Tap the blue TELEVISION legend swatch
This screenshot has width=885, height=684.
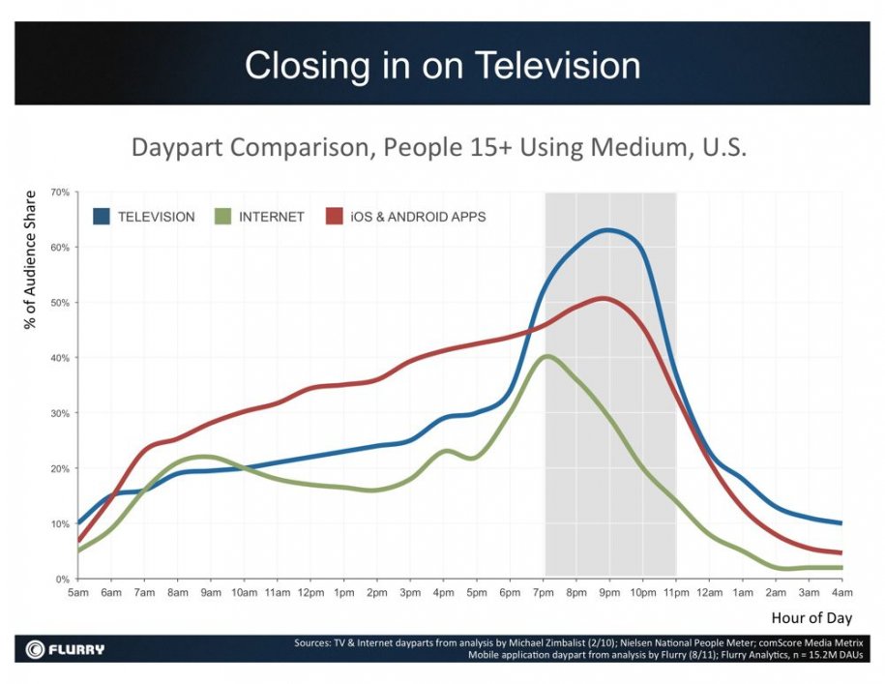point(101,217)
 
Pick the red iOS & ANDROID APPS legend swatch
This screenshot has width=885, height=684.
point(336,217)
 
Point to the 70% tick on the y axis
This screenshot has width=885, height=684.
point(59,193)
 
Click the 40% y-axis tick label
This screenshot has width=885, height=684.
point(59,358)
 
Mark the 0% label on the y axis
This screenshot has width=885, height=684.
point(62,579)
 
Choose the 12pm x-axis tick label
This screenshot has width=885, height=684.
point(310,591)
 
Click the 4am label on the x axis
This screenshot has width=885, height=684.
point(841,591)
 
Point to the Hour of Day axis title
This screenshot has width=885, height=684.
point(811,617)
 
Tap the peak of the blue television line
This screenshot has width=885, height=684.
point(607,230)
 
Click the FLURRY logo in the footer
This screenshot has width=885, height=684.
point(66,648)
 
